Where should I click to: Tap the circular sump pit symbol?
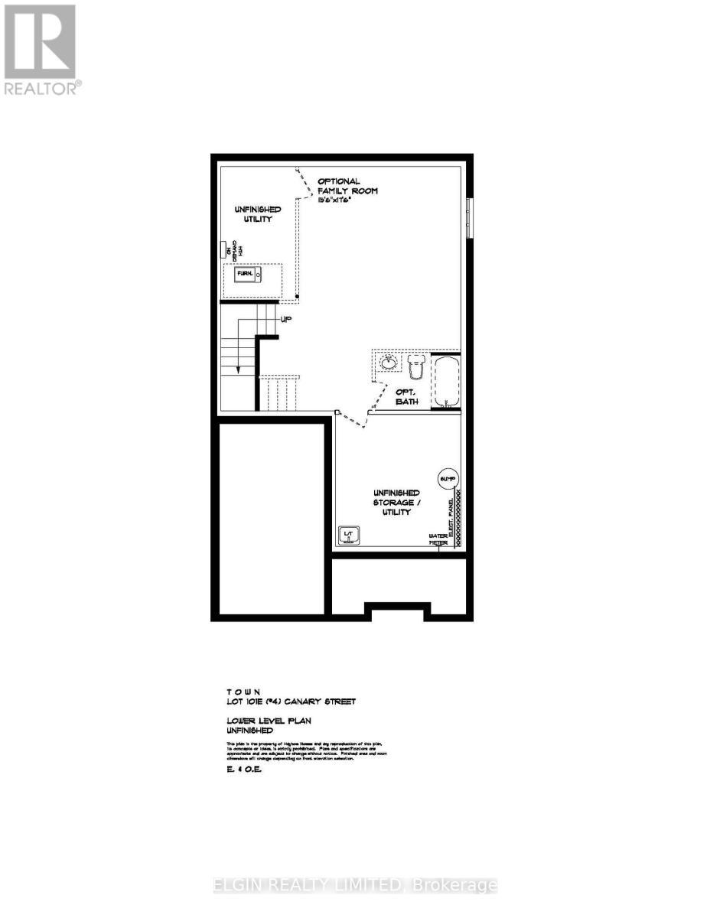(x=446, y=479)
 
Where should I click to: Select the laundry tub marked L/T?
(x=348, y=535)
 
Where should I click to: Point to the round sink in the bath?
(x=389, y=361)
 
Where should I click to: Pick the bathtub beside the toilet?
(x=445, y=380)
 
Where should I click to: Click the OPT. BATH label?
(x=406, y=396)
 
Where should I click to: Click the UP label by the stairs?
(x=286, y=319)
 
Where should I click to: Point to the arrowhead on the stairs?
(x=238, y=369)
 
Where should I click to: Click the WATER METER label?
(x=438, y=539)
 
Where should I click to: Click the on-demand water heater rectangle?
(x=223, y=250)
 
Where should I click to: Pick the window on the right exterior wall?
(x=469, y=218)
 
